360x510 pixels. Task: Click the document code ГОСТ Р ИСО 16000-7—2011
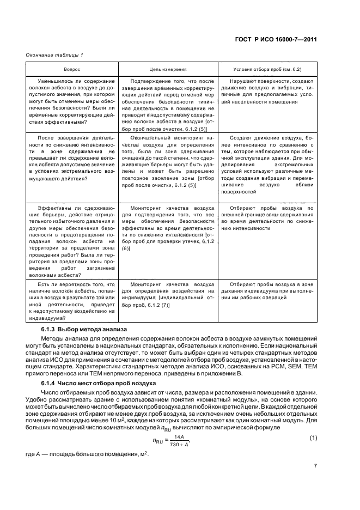pos(277,39)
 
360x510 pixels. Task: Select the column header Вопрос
pos(71,69)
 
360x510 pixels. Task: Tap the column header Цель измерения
pos(168,69)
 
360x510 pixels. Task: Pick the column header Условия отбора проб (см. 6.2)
pos(267,69)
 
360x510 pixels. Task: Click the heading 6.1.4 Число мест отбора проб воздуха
pos(99,383)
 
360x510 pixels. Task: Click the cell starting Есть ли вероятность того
pos(71,301)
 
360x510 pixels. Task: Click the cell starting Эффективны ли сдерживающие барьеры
pos(71,241)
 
